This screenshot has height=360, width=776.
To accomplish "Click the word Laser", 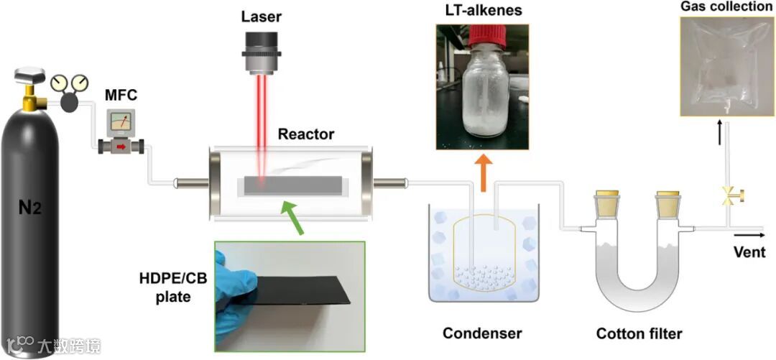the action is pyautogui.click(x=261, y=16).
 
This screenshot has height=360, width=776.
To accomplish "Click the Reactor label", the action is pyautogui.click(x=306, y=134).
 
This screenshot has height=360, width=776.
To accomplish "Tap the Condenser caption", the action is pyautogui.click(x=481, y=333).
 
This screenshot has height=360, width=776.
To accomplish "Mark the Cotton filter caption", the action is pyautogui.click(x=639, y=333).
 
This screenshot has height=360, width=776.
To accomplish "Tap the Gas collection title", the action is pyautogui.click(x=726, y=7).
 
